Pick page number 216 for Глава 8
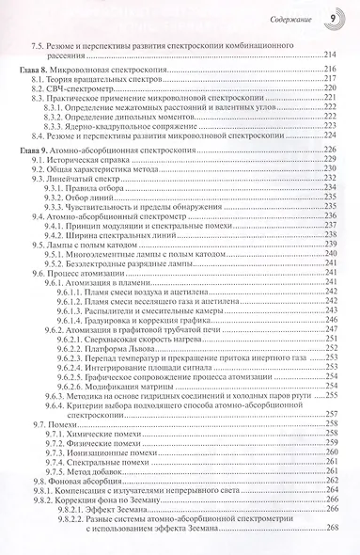tap(331, 71)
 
